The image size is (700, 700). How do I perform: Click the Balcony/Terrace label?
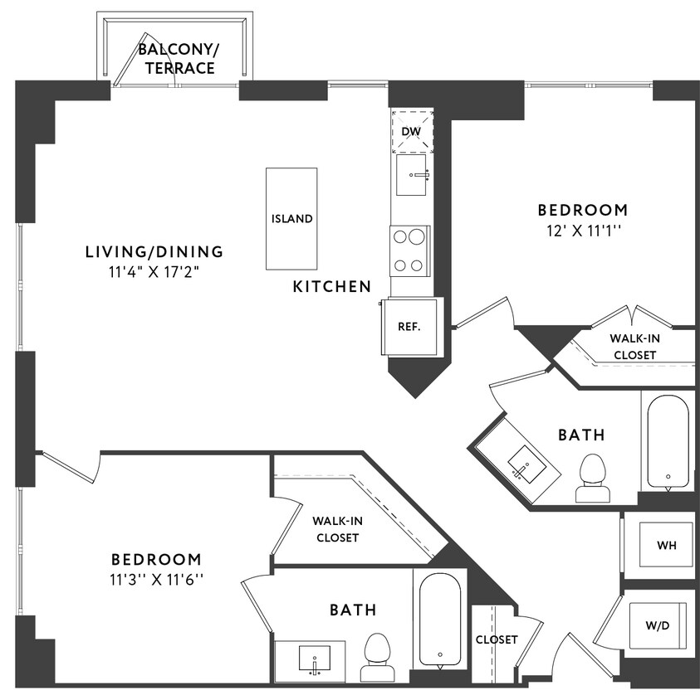tap(176, 59)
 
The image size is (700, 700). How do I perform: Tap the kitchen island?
tap(291, 218)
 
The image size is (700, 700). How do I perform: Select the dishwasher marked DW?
tap(412, 131)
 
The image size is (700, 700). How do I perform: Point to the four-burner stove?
tap(410, 250)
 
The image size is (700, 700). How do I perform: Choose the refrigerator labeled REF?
tap(409, 326)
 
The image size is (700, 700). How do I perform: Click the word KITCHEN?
tap(331, 287)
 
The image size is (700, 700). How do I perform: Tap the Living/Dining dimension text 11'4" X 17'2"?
tap(154, 271)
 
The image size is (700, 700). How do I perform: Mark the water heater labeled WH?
tap(666, 546)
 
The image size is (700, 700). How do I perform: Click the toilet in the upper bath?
tap(592, 479)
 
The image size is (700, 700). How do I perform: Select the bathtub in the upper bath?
tap(668, 442)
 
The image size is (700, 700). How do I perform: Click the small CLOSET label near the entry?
tap(497, 639)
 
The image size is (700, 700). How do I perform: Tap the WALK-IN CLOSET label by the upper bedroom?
tap(633, 347)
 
